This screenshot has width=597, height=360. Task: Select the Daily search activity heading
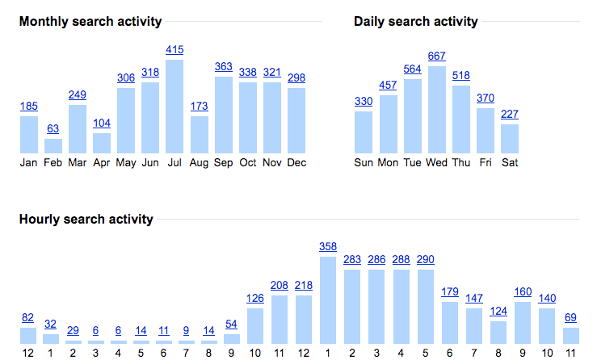(415, 22)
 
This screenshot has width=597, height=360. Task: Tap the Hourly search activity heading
(86, 219)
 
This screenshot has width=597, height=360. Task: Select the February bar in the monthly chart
(53, 146)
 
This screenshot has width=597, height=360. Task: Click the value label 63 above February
(53, 128)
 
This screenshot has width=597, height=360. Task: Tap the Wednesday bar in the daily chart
(437, 110)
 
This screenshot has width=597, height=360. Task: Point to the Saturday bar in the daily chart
(510, 139)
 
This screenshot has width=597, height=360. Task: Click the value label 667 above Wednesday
(437, 56)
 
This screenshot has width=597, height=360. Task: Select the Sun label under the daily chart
(364, 162)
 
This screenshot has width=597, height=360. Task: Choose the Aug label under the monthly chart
(199, 162)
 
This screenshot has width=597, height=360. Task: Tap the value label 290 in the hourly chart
(426, 260)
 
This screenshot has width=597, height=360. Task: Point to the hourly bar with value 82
(28, 336)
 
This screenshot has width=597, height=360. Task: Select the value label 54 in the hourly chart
(231, 324)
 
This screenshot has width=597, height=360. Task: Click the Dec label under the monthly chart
(296, 162)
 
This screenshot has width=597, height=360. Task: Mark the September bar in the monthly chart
(224, 115)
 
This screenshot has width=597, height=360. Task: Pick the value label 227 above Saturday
(510, 114)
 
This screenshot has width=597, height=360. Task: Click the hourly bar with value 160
(523, 323)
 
